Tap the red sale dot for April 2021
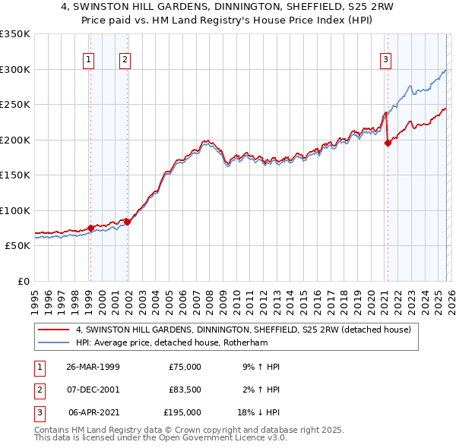pyautogui.click(x=388, y=143)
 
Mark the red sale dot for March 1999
pyautogui.click(x=90, y=228)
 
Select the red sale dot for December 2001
pyautogui.click(x=127, y=222)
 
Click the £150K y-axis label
pyautogui.click(x=15, y=175)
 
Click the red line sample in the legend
pyautogui.click(x=54, y=330)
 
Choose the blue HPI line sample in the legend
pyautogui.click(x=54, y=342)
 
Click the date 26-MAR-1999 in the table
pyautogui.click(x=93, y=367)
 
